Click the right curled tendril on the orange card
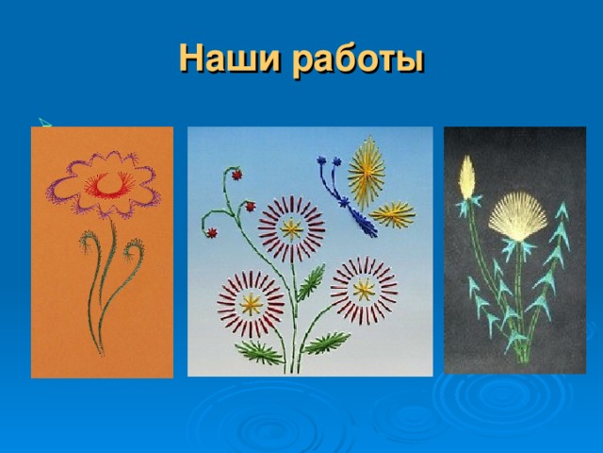tap(134, 253)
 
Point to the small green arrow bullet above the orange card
tap(41, 120)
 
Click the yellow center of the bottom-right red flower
tap(363, 288)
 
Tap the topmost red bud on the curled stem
tap(236, 175)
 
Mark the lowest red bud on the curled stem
tap(213, 232)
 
